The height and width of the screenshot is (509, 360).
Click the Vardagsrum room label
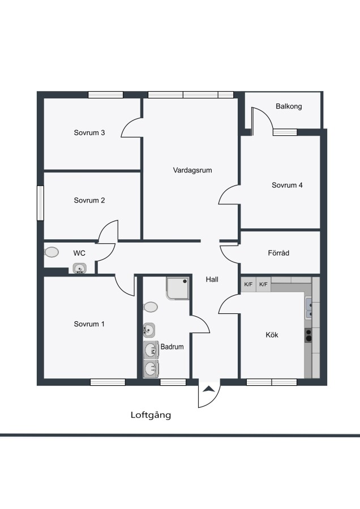pyautogui.click(x=192, y=170)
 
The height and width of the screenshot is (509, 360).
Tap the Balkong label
pyautogui.click(x=289, y=106)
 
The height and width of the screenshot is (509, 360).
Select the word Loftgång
pyautogui.click(x=151, y=415)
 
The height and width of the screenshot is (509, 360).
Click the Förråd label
pyautogui.click(x=278, y=253)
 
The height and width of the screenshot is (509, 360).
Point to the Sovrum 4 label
pyautogui.click(x=287, y=186)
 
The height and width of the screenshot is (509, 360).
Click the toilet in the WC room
pyautogui.click(x=52, y=252)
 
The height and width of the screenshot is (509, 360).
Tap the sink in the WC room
pyautogui.click(x=80, y=269)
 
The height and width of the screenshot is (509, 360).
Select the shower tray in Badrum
pyautogui.click(x=177, y=288)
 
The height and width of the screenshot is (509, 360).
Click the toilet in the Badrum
pyautogui.click(x=151, y=307)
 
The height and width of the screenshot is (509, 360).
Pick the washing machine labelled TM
pyautogui.click(x=151, y=350)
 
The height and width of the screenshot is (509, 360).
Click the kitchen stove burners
pyautogui.click(x=308, y=335)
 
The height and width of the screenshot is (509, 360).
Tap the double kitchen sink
pyautogui.click(x=308, y=308)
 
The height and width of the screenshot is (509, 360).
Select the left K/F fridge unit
pyautogui.click(x=248, y=284)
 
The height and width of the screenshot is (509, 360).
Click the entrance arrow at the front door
pyautogui.click(x=208, y=389)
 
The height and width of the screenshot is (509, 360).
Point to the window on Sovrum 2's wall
pyautogui.click(x=40, y=203)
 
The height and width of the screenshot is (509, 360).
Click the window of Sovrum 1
pyautogui.click(x=108, y=382)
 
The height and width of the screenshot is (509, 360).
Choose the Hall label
pyautogui.click(x=212, y=279)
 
